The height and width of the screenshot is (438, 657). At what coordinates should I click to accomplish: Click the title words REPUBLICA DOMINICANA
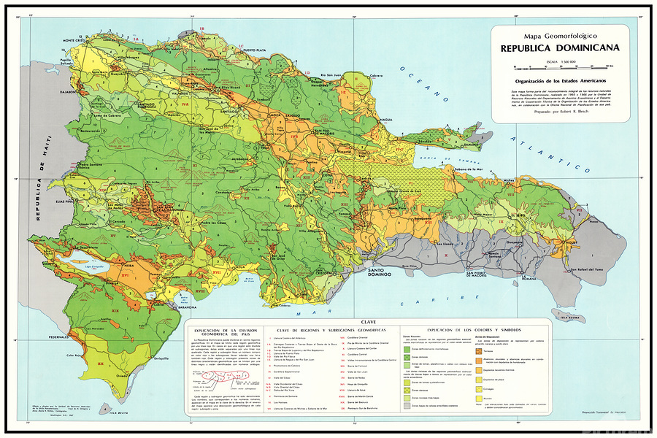pos(560,48)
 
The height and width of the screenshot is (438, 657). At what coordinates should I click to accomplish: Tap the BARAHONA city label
pos(172,308)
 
